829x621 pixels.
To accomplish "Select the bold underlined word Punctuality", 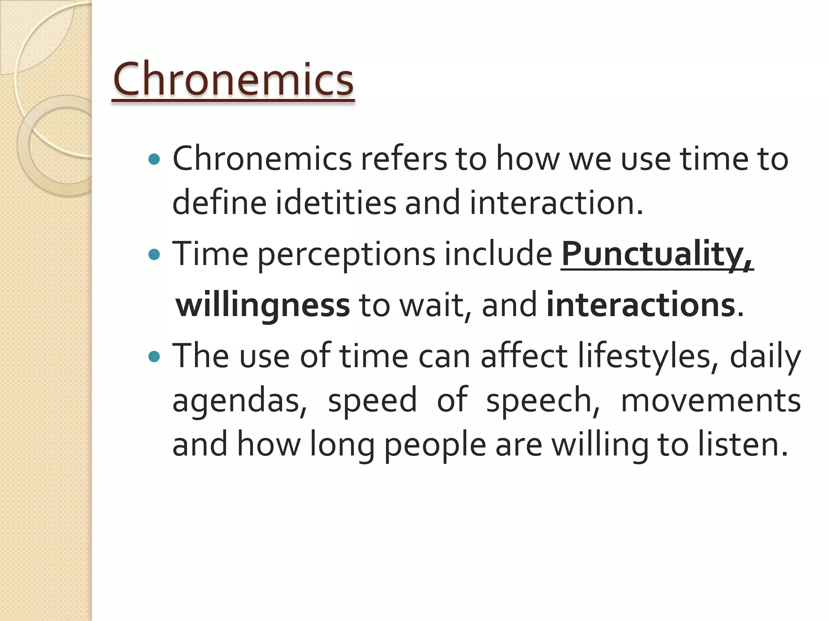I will [656, 254].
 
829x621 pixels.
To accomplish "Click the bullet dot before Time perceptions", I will [154, 254].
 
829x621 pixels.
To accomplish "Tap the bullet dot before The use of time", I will [154, 357].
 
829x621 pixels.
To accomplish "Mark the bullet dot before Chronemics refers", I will [154, 159].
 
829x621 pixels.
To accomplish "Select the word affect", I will [524, 356].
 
